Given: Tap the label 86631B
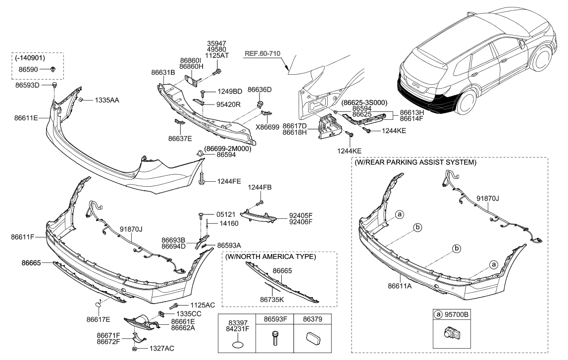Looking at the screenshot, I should tap(163, 72).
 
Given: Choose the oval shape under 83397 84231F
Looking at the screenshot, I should tap(237, 344).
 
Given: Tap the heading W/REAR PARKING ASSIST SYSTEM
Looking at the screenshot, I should tap(415, 162).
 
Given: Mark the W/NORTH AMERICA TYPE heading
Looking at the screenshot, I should tap(270, 257).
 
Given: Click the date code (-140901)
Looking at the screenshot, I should tap(30, 58).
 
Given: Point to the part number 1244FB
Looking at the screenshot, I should tap(260, 187).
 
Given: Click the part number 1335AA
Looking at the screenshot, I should tap(107, 100).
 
